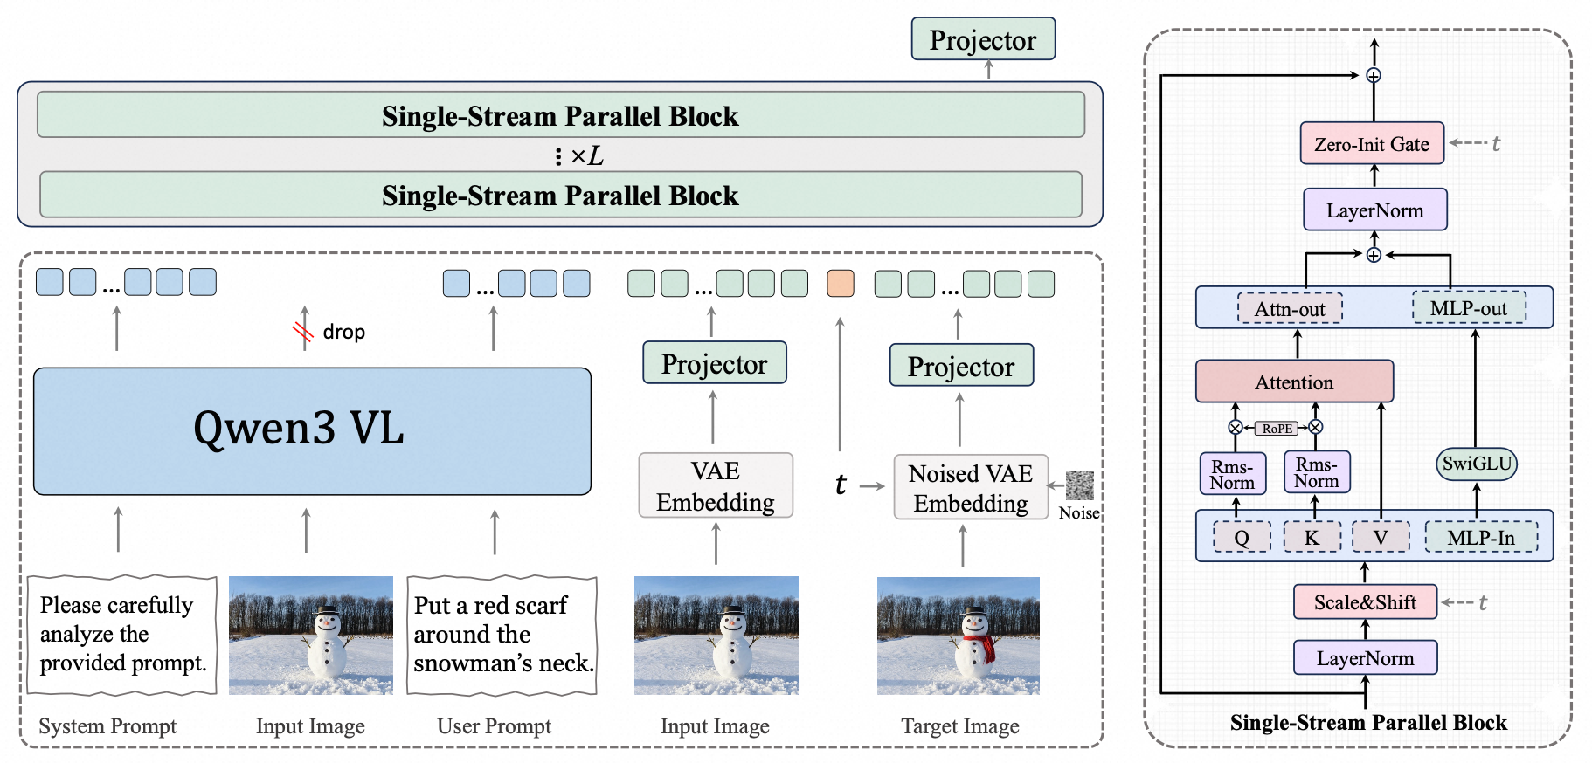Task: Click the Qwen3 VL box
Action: coord(312,431)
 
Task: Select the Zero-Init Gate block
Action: coord(1372,143)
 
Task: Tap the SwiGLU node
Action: coord(1477,464)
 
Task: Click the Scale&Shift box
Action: coord(1365,602)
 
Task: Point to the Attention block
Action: coord(1294,381)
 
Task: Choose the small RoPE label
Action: coord(1277,428)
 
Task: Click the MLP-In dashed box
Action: coord(1481,538)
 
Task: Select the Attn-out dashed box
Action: coord(1290,308)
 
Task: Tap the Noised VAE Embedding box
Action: coord(971,488)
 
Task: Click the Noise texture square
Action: coord(1080,485)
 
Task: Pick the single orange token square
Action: coord(841,283)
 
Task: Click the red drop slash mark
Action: coord(303,331)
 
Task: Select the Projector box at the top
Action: coord(983,39)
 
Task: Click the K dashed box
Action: coord(1312,538)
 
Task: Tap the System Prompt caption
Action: coord(107,725)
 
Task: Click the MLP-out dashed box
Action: coord(1469,307)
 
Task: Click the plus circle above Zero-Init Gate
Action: coord(1374,76)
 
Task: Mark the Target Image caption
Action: coord(960,726)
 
